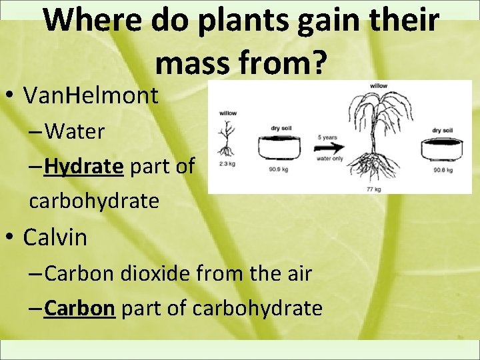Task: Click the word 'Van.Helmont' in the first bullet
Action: (x=91, y=96)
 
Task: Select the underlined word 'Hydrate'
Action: (x=83, y=166)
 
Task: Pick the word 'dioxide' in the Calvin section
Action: (x=175, y=273)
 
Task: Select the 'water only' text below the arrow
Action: (x=329, y=159)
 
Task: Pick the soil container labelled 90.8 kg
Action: (x=442, y=150)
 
